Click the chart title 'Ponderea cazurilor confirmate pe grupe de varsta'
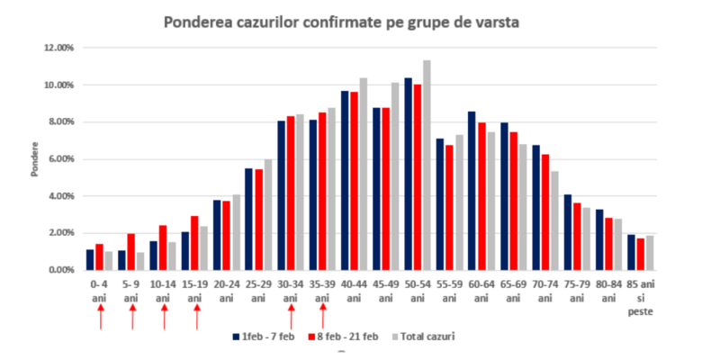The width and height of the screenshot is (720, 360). click(341, 22)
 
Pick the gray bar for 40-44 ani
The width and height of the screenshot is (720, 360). click(363, 174)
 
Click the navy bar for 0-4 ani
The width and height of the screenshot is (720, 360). click(90, 260)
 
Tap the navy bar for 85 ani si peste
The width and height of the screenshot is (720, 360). click(631, 252)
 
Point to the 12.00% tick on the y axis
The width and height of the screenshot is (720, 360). click(59, 48)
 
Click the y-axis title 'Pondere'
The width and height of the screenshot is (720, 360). click(33, 158)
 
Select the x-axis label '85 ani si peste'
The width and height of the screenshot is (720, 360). click(640, 296)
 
